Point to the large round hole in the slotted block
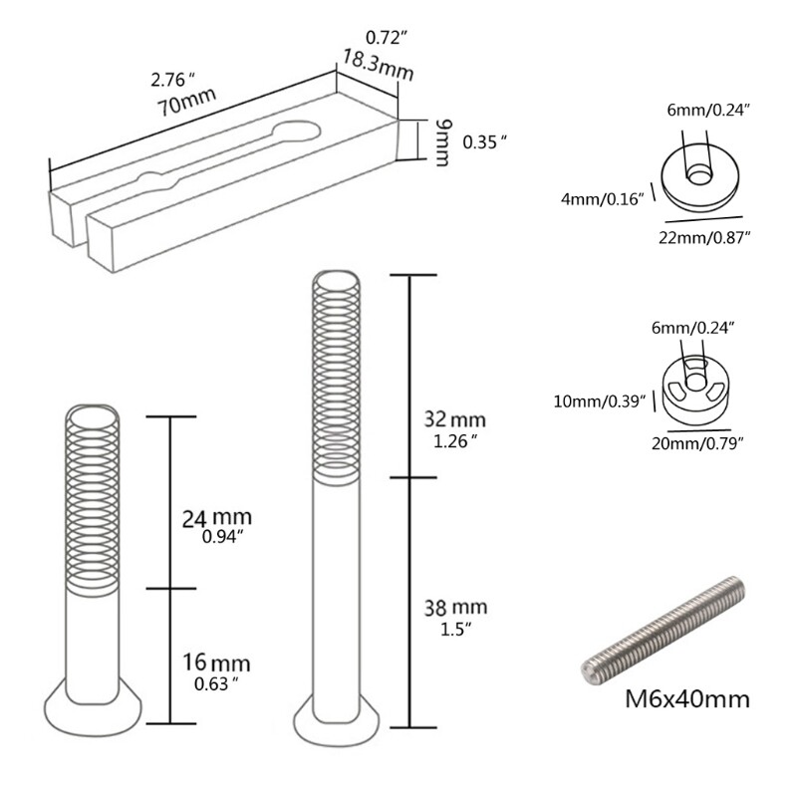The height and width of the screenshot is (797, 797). pos(296,133)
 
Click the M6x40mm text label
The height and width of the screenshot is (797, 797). pos(686,697)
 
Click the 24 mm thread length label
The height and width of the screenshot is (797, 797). pos(216,518)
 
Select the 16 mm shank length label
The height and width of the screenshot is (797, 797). pos(216,663)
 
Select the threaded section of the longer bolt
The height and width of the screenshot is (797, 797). pos(337,379)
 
